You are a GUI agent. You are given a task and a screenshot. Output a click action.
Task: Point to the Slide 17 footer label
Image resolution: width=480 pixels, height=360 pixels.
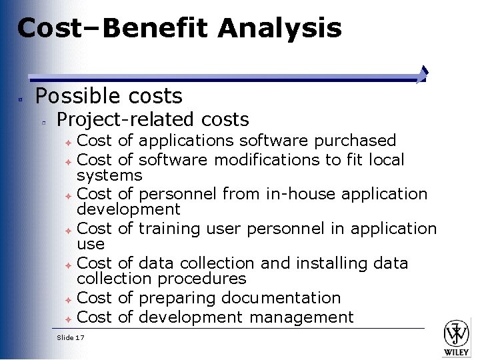coord(71,337)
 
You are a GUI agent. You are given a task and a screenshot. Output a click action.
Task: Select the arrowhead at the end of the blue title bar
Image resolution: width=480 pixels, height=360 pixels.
coord(423,74)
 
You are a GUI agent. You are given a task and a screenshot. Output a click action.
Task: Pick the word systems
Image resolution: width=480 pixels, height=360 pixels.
coord(109,175)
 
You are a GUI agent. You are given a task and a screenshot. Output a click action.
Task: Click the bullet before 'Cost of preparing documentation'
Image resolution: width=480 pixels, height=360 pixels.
coord(69,299)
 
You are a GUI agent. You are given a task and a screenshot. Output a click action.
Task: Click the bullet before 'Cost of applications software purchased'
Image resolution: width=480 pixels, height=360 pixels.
coord(69,142)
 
